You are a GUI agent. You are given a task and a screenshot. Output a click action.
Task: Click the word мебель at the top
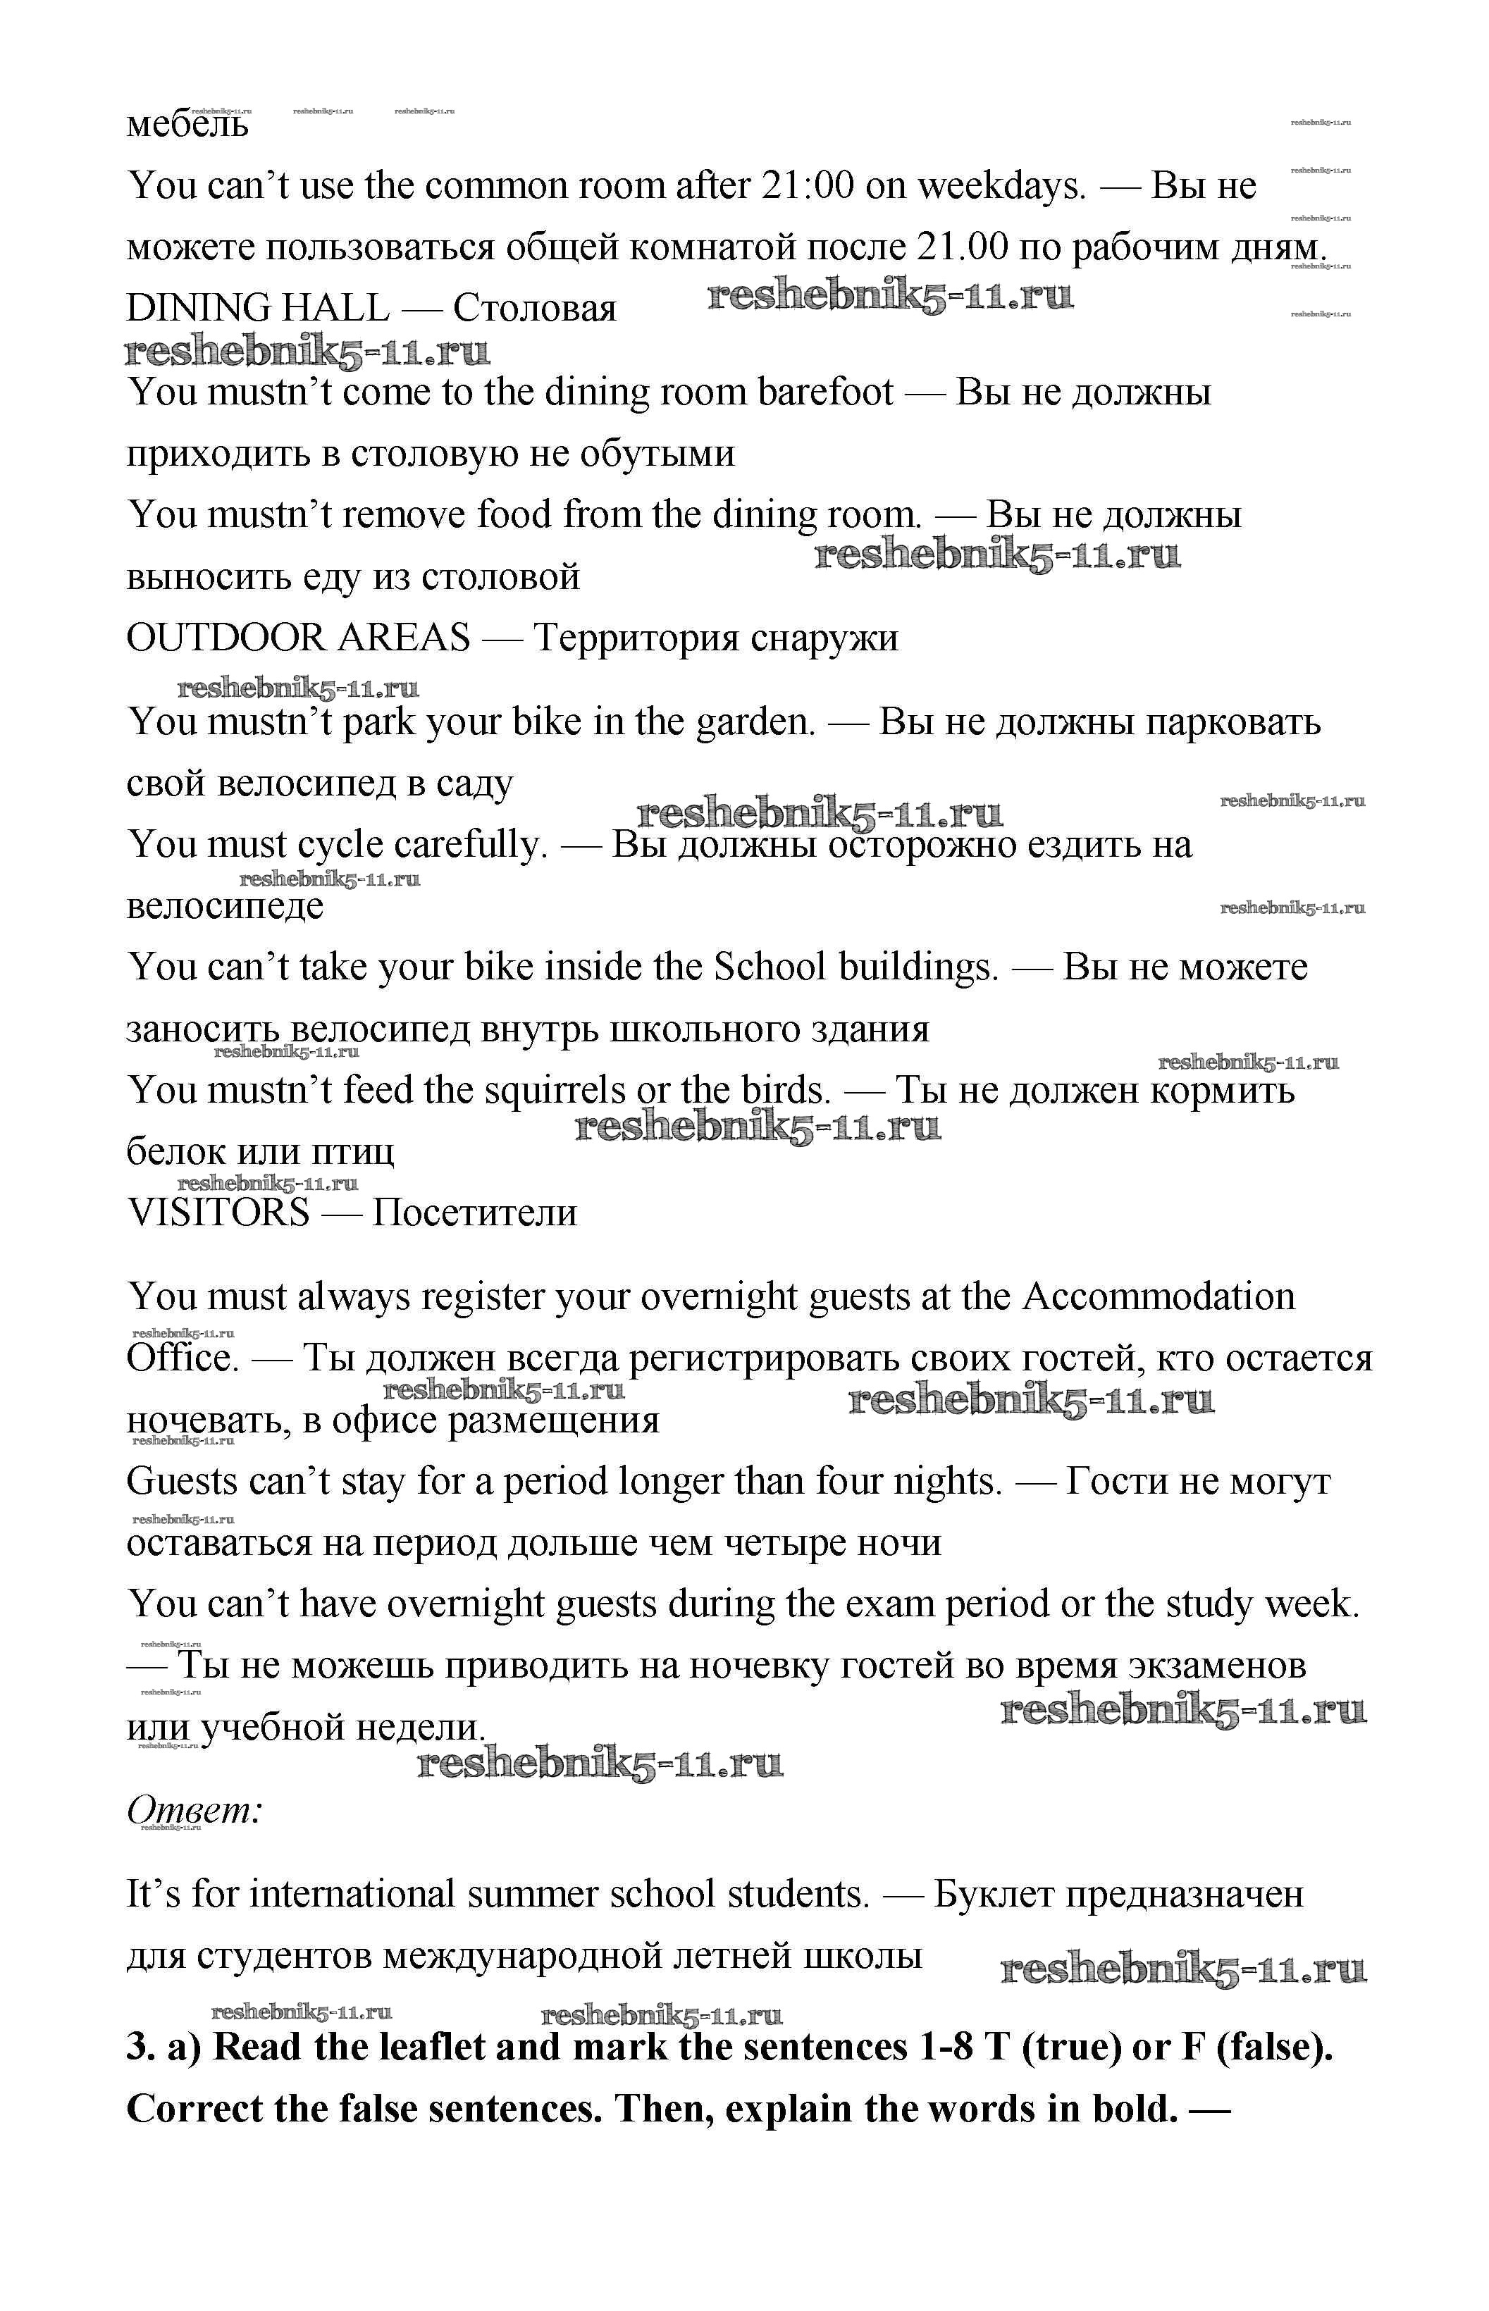click(187, 125)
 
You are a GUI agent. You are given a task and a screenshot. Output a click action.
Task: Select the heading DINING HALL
click(257, 309)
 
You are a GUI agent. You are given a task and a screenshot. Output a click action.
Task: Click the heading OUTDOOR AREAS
click(298, 638)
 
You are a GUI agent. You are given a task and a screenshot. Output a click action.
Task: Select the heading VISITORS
click(218, 1213)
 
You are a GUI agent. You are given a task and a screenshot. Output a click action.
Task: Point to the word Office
click(182, 1358)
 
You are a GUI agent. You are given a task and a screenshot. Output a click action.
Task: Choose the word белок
click(174, 1152)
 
